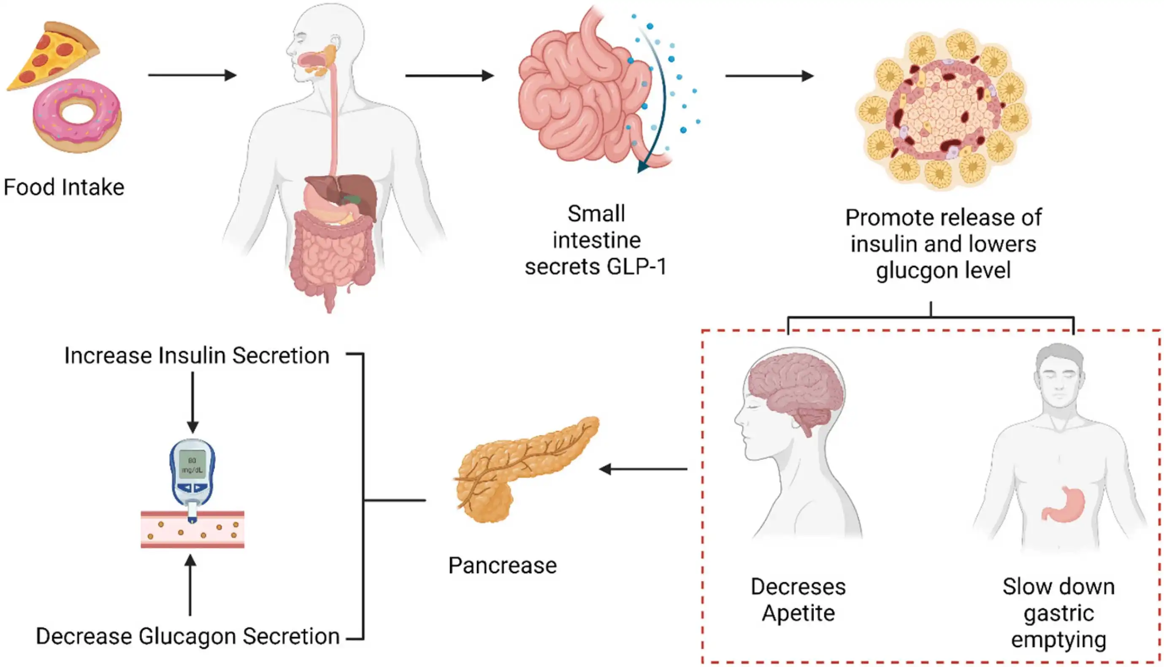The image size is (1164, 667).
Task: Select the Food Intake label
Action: pyautogui.click(x=64, y=187)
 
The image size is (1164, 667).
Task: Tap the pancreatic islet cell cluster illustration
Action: pyautogui.click(x=943, y=110)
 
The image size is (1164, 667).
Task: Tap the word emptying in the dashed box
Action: pyautogui.click(x=1058, y=639)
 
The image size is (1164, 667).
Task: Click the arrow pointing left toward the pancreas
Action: pyautogui.click(x=643, y=469)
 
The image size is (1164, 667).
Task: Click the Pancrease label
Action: pyautogui.click(x=502, y=565)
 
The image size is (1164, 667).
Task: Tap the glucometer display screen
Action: pyautogui.click(x=192, y=464)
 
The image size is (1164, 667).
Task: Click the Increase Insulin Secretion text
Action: pyautogui.click(x=197, y=355)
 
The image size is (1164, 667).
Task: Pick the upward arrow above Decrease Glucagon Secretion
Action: pyautogui.click(x=190, y=584)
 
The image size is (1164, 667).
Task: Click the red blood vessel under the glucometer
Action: pyautogui.click(x=192, y=531)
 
